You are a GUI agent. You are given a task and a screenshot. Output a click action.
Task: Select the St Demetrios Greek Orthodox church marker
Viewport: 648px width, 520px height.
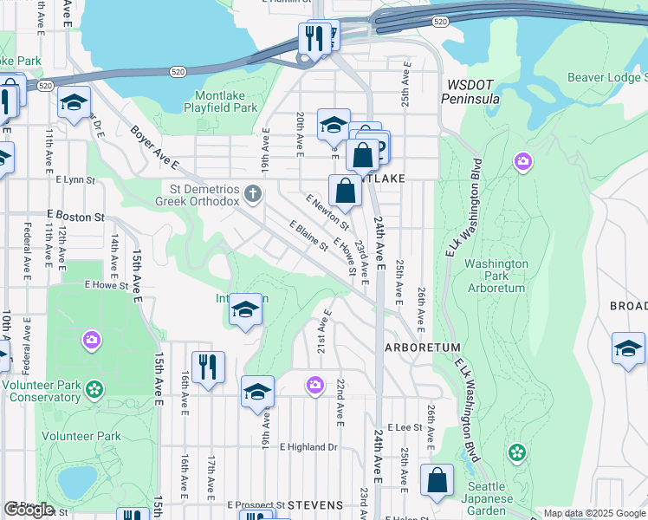(253, 192)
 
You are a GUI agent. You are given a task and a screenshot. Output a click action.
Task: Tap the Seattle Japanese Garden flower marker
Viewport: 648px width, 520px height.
(517, 452)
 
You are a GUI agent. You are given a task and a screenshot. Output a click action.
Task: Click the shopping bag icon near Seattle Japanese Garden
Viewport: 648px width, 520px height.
(437, 482)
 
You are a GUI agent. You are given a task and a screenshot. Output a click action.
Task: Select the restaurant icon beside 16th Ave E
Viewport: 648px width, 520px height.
(208, 367)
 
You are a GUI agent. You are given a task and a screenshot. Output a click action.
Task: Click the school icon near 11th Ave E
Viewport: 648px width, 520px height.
(75, 105)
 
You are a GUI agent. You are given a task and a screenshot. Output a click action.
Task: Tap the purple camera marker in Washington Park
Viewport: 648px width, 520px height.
(522, 161)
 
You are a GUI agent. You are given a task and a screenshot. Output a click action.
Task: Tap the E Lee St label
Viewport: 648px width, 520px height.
(405, 427)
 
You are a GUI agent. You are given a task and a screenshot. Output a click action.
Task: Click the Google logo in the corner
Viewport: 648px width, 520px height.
(29, 509)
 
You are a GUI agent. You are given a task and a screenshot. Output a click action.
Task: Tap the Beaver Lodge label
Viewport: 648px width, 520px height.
(606, 78)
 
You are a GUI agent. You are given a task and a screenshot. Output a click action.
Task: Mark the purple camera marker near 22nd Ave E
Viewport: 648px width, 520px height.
(314, 384)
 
